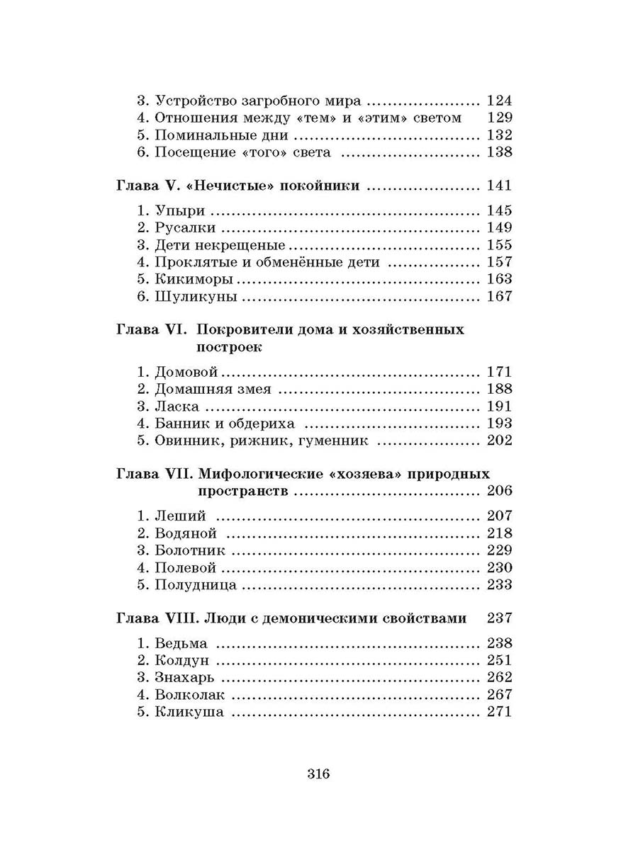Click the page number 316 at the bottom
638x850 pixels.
319,773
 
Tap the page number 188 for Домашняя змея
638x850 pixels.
499,389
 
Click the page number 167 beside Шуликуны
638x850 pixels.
499,297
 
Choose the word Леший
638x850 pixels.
177,516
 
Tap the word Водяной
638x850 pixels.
186,533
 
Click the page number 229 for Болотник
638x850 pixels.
499,550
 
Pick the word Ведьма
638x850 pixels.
181,643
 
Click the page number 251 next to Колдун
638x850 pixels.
499,660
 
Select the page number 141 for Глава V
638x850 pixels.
499,186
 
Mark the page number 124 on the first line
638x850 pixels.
499,101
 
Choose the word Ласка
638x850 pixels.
177,407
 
